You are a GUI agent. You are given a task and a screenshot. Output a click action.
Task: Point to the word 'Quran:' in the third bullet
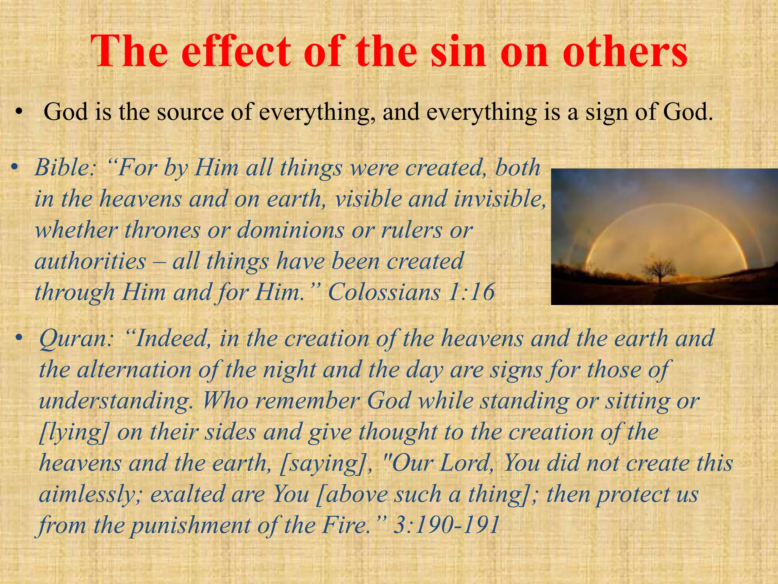76,338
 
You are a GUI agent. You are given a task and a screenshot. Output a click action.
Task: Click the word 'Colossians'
384,292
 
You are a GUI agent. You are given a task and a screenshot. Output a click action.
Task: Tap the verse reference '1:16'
472,292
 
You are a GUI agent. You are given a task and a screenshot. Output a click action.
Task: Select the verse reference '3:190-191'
446,525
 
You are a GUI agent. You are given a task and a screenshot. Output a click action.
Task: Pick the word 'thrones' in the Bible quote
162,230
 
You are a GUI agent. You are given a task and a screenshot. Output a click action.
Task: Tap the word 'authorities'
90,261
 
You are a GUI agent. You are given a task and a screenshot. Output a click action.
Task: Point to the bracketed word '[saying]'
325,463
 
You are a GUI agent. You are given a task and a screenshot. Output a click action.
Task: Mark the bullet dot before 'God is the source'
19,113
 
